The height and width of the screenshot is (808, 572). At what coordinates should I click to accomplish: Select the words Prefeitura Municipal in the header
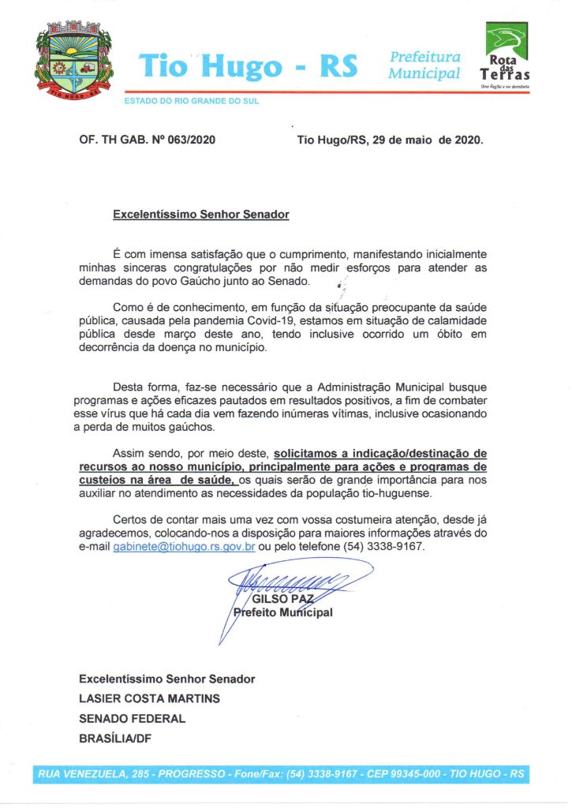pyautogui.click(x=424, y=65)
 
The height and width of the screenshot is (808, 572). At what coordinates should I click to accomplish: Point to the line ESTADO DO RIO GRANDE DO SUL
pyautogui.click(x=192, y=101)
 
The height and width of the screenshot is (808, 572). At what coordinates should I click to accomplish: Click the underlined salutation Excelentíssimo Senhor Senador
pyautogui.click(x=200, y=214)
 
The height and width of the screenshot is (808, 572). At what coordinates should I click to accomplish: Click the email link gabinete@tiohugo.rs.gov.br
pyautogui.click(x=184, y=547)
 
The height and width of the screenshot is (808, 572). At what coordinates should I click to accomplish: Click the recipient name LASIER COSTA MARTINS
pyautogui.click(x=149, y=698)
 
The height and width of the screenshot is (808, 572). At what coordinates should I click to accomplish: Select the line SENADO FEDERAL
pyautogui.click(x=132, y=719)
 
